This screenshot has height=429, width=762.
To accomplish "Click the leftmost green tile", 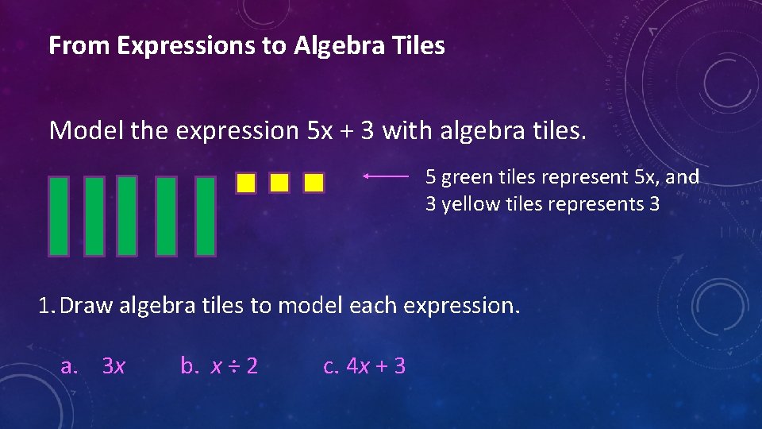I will tap(59, 216).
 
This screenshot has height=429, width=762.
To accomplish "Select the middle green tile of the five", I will tap(127, 216).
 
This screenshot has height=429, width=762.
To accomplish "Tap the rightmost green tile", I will tap(206, 216).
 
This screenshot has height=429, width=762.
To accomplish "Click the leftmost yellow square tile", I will tap(246, 184).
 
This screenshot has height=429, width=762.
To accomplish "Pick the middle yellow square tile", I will tap(279, 184).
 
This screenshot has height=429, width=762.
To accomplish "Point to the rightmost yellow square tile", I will tap(314, 184).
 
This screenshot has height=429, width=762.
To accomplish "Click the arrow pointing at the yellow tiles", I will tap(386, 177).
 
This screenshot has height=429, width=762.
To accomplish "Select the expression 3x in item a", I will tap(114, 366).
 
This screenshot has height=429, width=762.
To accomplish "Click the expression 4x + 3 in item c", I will tap(376, 366).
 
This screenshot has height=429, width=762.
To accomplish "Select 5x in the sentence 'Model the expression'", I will tap(321, 130).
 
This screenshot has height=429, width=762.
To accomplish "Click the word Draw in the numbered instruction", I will tap(86, 305).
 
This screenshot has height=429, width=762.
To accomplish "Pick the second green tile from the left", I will tap(94, 216).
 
